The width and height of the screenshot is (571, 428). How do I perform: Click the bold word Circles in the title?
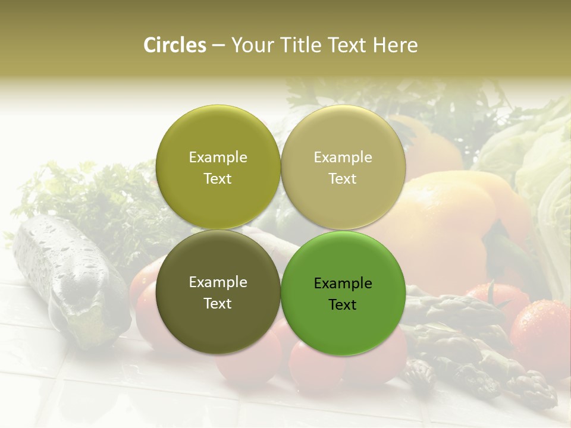(175, 45)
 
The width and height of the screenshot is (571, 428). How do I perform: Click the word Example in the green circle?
(343, 284)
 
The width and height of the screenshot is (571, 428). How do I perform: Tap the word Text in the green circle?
(343, 305)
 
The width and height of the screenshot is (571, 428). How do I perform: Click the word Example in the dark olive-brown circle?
(218, 282)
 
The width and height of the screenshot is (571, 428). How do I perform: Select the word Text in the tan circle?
(343, 179)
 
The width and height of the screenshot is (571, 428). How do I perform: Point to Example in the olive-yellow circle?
(218, 158)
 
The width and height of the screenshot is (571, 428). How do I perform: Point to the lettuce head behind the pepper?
(535, 160)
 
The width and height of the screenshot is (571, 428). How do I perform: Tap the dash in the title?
(218, 45)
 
